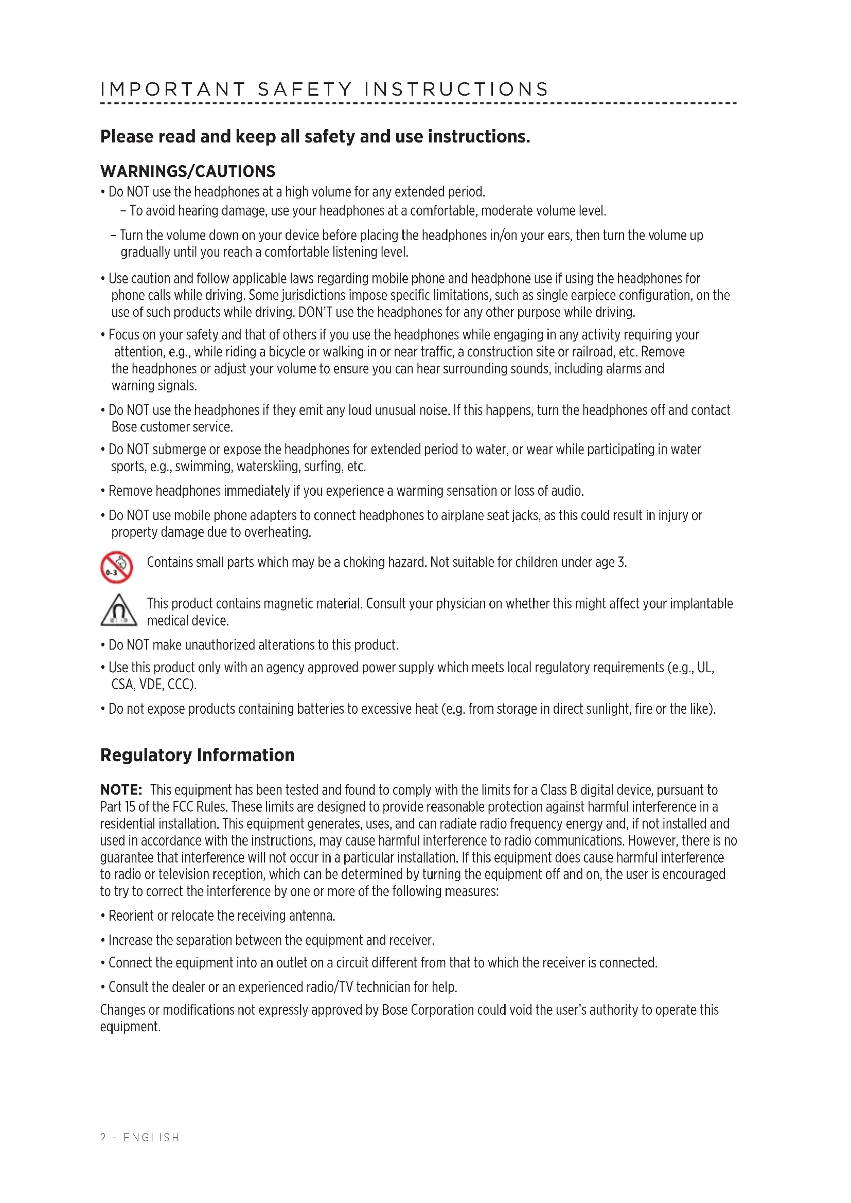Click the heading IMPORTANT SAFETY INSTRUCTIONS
(324, 89)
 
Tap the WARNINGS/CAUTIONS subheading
(188, 171)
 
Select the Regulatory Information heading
(197, 755)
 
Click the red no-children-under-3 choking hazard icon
(116, 567)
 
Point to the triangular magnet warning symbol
(118, 611)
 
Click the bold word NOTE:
(121, 789)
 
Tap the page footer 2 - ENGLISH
(140, 1138)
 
